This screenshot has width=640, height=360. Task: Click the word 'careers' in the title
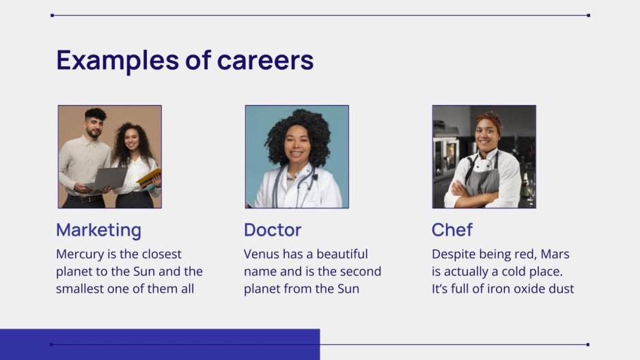coord(265,61)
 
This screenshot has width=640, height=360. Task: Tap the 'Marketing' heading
coord(98,230)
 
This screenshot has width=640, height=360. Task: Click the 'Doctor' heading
coord(273,230)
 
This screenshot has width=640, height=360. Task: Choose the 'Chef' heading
coord(452,230)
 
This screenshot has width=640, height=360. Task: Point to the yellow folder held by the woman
coord(150,176)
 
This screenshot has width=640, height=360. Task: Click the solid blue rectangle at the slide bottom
coord(160,344)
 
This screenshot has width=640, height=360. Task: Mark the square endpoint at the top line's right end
coord(588,15)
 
